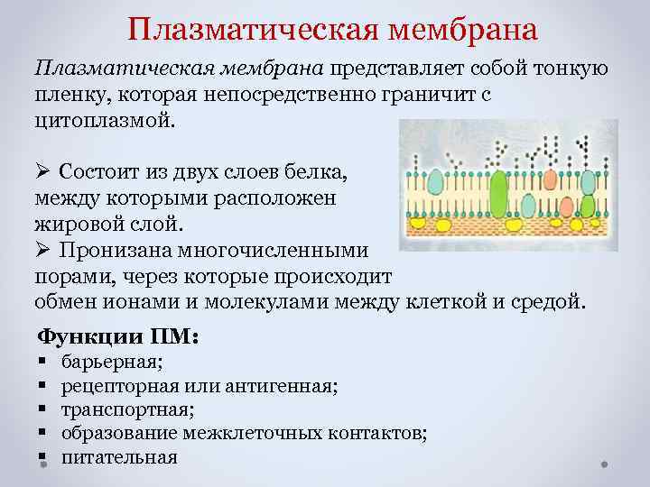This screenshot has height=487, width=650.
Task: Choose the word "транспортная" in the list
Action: tap(126, 410)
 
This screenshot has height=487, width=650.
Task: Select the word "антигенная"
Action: tap(288, 387)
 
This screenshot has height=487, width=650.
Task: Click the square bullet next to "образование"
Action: tap(42, 434)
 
